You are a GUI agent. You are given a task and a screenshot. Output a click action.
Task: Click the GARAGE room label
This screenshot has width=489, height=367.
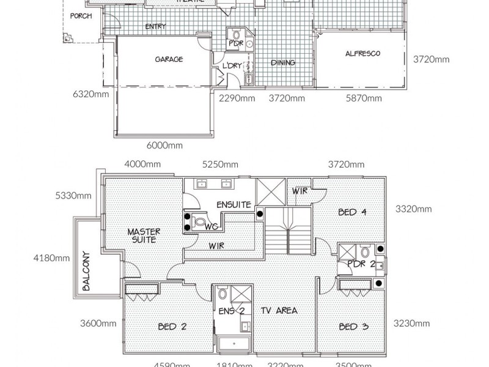169,59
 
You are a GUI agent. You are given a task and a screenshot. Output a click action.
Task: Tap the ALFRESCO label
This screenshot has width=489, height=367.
362,54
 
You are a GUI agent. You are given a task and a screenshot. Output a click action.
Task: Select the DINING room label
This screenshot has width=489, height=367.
282,62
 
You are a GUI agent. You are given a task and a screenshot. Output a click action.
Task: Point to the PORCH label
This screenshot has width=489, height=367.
81,16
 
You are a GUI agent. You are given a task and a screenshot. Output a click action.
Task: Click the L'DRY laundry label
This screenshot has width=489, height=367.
232,65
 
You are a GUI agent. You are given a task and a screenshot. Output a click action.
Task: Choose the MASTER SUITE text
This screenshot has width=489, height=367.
144,235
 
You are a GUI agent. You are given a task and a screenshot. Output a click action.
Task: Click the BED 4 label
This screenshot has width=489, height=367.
352,212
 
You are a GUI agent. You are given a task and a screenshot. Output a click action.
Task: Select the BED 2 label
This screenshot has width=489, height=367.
172,327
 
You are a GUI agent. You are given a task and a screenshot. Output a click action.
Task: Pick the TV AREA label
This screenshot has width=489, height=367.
278,311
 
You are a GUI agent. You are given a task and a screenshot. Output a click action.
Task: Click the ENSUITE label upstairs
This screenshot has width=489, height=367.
233,204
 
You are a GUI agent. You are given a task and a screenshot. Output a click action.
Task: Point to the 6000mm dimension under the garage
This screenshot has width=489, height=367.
164,146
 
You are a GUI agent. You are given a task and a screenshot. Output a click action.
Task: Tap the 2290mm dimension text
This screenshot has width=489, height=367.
237,98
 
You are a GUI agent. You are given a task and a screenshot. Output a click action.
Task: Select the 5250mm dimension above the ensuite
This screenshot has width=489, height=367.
219,165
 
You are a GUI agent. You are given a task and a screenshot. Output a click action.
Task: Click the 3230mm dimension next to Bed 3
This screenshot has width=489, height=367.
412,324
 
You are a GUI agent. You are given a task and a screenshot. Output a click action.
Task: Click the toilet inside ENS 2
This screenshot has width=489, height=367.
222,295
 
